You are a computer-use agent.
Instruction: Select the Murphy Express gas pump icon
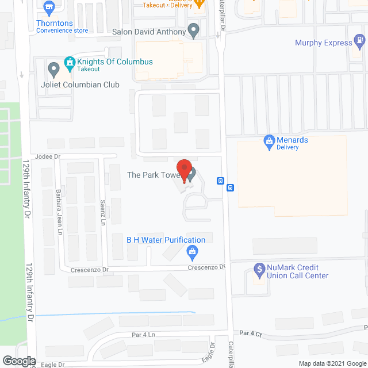click(360, 41)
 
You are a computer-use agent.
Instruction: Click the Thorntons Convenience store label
click(62, 26)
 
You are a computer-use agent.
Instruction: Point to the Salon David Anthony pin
click(194, 30)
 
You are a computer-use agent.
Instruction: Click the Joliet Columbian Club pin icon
click(54, 70)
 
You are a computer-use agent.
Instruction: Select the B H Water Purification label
click(166, 240)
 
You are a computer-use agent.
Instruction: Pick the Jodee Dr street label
click(47, 156)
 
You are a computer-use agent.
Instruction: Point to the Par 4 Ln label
click(143, 335)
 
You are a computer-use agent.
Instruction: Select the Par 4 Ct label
click(251, 333)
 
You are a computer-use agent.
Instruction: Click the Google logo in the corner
click(18, 361)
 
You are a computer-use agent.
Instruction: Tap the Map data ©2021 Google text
click(331, 363)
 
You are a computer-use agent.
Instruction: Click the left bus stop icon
click(220, 181)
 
